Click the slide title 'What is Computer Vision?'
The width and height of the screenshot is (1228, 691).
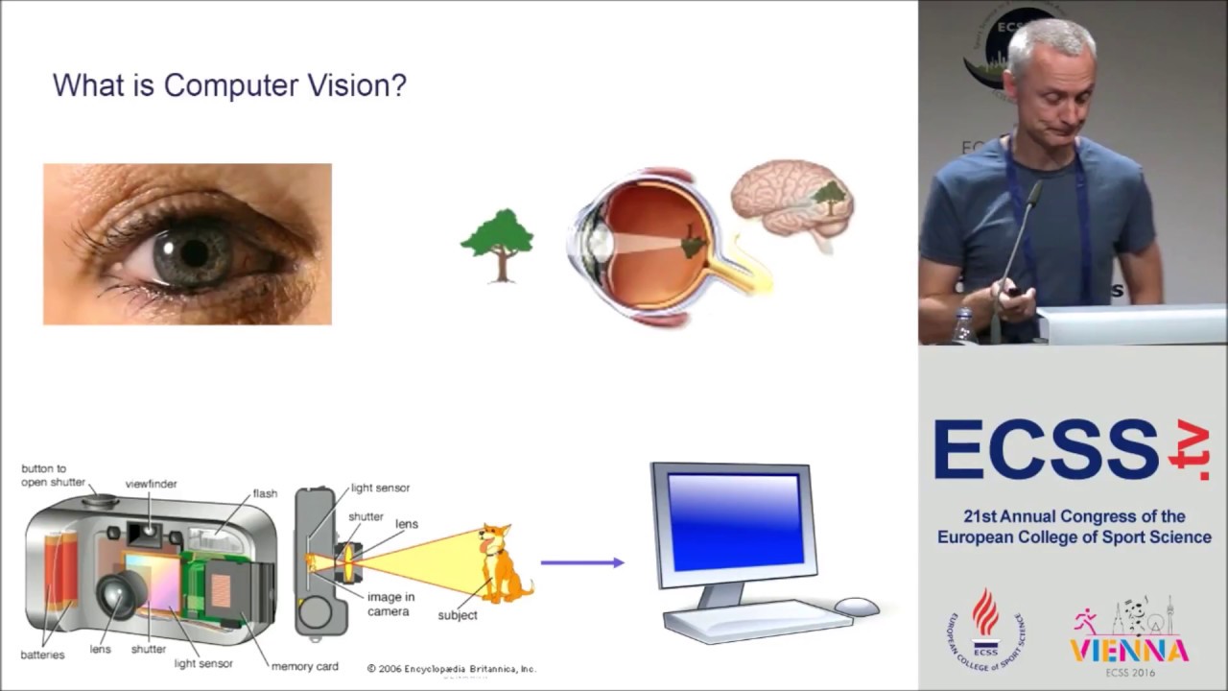[229, 85]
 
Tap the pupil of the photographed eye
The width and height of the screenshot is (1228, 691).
[195, 252]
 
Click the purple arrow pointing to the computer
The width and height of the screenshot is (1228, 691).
[581, 562]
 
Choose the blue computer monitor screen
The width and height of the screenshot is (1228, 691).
[734, 521]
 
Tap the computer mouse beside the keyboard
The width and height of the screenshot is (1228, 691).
[856, 607]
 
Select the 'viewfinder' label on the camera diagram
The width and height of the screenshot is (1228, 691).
[151, 484]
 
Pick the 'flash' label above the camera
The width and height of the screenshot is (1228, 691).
[265, 493]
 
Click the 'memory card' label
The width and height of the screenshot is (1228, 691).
[304, 666]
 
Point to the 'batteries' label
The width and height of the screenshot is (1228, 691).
[42, 655]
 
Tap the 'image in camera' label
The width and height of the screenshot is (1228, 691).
[390, 604]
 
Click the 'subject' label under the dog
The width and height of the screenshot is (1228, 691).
[457, 615]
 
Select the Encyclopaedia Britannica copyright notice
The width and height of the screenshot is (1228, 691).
[451, 668]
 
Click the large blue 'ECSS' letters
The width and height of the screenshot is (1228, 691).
[1046, 450]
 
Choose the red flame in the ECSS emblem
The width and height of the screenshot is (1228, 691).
[985, 611]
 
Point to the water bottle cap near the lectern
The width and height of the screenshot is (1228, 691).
[962, 316]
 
